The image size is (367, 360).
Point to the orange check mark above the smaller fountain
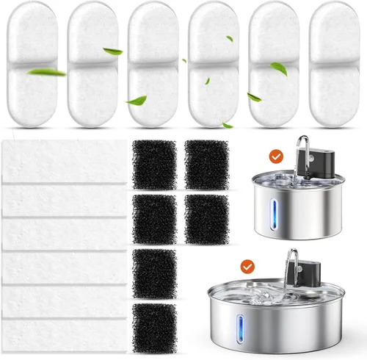tap(276, 156)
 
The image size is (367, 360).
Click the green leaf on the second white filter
tap(113, 51)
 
